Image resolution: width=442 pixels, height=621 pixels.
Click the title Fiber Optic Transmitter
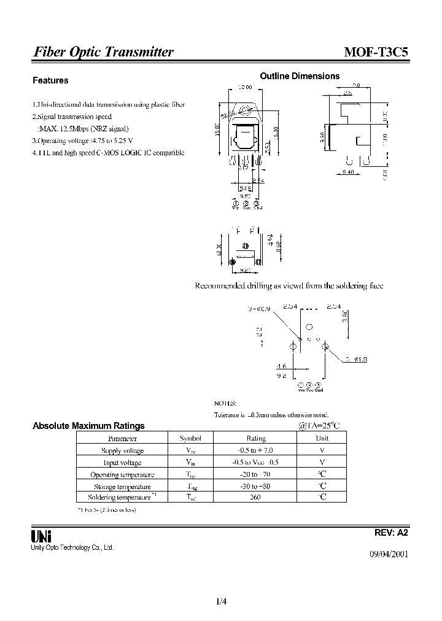coord(103,52)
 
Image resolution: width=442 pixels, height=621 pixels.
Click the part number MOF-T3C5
coord(375,52)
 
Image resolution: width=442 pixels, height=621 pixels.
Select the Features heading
coord(50,80)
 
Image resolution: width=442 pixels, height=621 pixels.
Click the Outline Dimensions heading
coord(300,76)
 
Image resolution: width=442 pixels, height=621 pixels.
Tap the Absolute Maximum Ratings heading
coord(88,425)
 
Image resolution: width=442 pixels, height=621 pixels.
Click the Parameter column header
coord(122,438)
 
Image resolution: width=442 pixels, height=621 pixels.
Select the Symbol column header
coord(190,438)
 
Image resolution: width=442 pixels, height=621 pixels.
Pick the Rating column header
coord(255,438)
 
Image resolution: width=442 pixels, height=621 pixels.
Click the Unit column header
coord(322,438)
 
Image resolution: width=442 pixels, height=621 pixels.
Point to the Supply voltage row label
coord(122,450)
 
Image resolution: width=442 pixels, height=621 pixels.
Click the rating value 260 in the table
coord(255,496)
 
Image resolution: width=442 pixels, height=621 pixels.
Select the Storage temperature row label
coord(122,485)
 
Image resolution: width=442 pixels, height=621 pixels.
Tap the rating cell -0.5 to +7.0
coord(255,450)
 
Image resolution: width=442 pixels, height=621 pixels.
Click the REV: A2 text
coord(390,533)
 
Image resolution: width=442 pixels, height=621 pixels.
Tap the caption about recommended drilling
coord(289,286)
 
